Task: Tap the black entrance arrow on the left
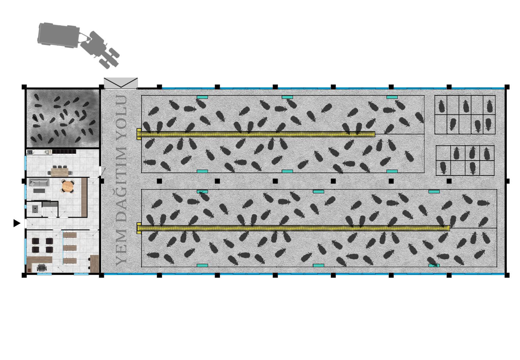point(17,223)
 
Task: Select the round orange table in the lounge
point(68,186)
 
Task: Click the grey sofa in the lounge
point(39,183)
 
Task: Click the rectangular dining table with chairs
point(62,171)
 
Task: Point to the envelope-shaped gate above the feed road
point(121,83)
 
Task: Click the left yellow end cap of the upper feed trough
point(139,134)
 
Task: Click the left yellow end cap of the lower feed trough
point(139,228)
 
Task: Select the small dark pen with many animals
point(63,118)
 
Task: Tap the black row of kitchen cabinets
point(64,151)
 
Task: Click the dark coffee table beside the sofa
point(39,191)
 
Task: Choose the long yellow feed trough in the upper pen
point(257,134)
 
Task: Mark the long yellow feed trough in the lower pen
point(295,228)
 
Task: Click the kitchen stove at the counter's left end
point(29,152)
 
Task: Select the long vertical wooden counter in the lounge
point(84,197)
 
